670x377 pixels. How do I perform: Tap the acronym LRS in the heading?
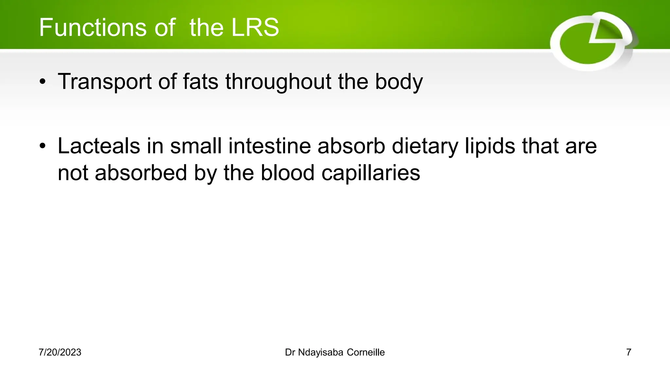[x=255, y=27]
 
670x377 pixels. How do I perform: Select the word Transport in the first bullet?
[x=104, y=82]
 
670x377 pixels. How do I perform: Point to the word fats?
[x=200, y=82]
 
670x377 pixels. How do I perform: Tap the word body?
[x=399, y=82]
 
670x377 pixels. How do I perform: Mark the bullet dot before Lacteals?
[x=43, y=147]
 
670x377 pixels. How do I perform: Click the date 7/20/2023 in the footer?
[x=60, y=352]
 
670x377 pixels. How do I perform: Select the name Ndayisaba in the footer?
[x=321, y=352]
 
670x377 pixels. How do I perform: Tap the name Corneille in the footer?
[x=366, y=352]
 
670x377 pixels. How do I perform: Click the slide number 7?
[x=628, y=352]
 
